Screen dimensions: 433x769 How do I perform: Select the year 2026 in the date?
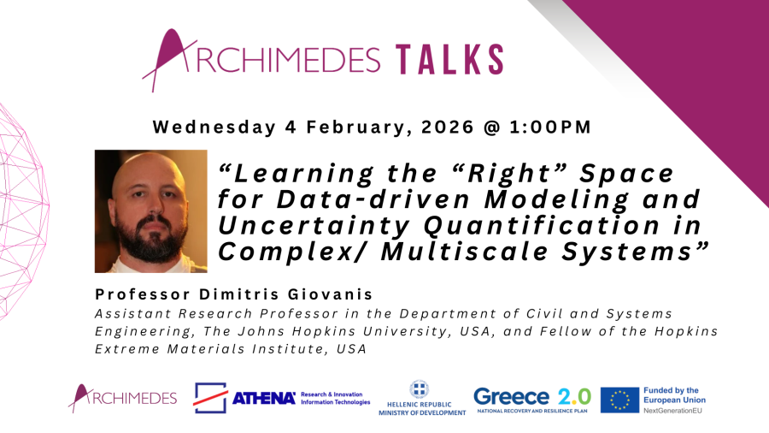click(x=454, y=128)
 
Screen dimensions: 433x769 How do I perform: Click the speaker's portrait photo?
click(x=151, y=211)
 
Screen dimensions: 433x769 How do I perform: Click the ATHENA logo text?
click(x=264, y=398)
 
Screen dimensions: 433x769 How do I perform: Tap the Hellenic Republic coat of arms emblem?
click(x=423, y=389)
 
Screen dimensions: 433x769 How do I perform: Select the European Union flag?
click(x=619, y=400)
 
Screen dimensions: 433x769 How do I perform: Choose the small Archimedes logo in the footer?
click(x=123, y=398)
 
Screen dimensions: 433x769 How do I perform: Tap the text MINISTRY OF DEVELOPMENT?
click(x=423, y=412)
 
